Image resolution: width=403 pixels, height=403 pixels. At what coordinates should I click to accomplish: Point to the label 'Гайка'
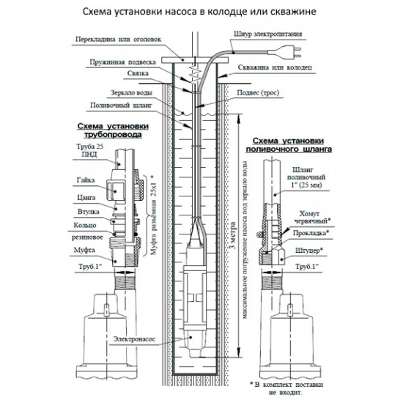(x=83, y=180)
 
